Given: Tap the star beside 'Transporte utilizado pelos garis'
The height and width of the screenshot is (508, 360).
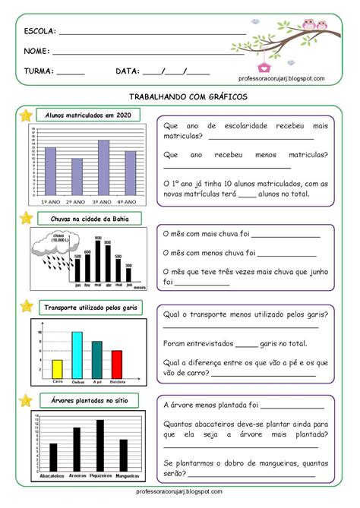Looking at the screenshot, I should coord(26,307).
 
